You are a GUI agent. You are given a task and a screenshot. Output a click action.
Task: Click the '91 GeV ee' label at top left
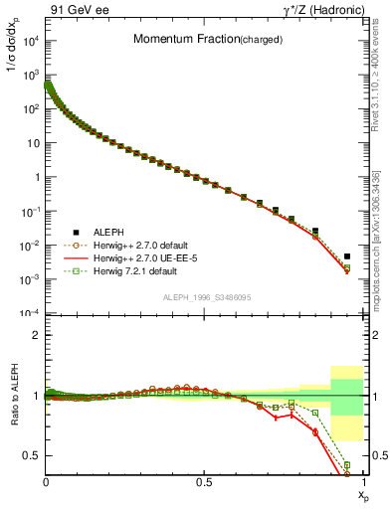click(75, 10)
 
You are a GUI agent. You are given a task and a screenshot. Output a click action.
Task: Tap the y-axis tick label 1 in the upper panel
click(37, 177)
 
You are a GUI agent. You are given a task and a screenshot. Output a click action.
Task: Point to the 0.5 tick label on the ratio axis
click(32, 455)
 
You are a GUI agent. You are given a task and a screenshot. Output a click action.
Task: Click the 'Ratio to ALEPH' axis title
click(13, 397)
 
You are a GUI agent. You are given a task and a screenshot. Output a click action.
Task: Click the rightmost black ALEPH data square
click(347, 255)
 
